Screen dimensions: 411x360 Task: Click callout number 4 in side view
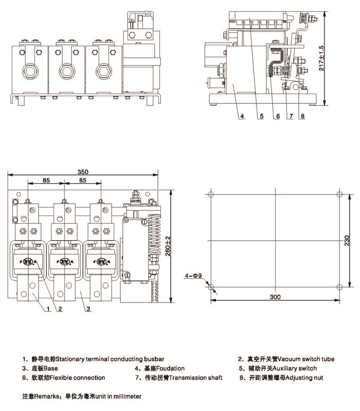coord(242,116)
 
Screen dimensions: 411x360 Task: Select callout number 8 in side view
coord(302,116)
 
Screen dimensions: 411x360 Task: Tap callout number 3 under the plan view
coord(88,309)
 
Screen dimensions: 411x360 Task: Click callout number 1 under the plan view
coord(47,309)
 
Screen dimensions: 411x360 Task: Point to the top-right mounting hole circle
coord(338,194)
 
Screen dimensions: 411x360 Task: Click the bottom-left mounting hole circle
coord(210,286)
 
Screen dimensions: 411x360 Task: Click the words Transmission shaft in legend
coord(196,378)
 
